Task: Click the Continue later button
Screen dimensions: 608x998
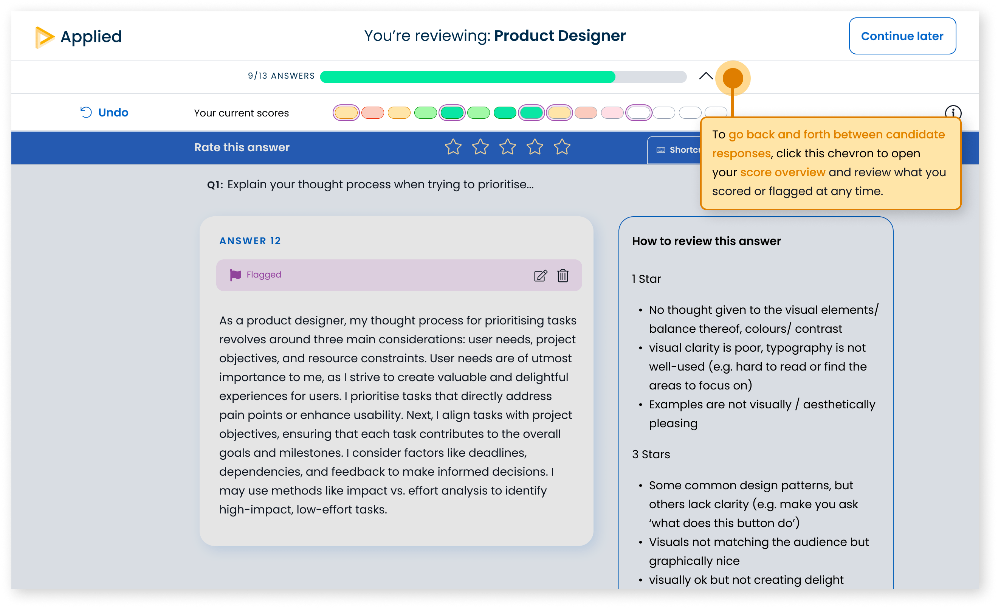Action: pyautogui.click(x=902, y=36)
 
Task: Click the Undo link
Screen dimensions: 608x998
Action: pyautogui.click(x=104, y=112)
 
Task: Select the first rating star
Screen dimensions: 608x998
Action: pyautogui.click(x=453, y=147)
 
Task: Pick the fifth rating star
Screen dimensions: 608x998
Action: pyautogui.click(x=562, y=147)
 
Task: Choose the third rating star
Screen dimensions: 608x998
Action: pyautogui.click(x=507, y=147)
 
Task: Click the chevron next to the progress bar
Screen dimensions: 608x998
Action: pyautogui.click(x=705, y=76)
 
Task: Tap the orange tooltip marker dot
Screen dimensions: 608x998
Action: pyautogui.click(x=732, y=78)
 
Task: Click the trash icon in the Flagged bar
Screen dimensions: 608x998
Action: pyautogui.click(x=563, y=275)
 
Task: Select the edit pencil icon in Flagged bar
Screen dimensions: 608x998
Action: pyautogui.click(x=540, y=275)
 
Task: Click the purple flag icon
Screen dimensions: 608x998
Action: pyautogui.click(x=235, y=275)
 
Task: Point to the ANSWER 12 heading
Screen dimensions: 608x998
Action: pyautogui.click(x=250, y=241)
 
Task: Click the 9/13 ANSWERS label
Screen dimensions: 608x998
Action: pyautogui.click(x=281, y=76)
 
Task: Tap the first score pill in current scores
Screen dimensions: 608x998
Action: pyautogui.click(x=346, y=113)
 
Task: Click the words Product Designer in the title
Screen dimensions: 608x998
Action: pyautogui.click(x=560, y=36)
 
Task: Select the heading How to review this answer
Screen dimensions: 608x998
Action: pyautogui.click(x=706, y=241)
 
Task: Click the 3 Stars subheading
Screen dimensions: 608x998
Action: pyautogui.click(x=651, y=454)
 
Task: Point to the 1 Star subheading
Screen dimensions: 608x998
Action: pyautogui.click(x=646, y=279)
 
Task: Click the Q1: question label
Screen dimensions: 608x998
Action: pyautogui.click(x=215, y=185)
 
